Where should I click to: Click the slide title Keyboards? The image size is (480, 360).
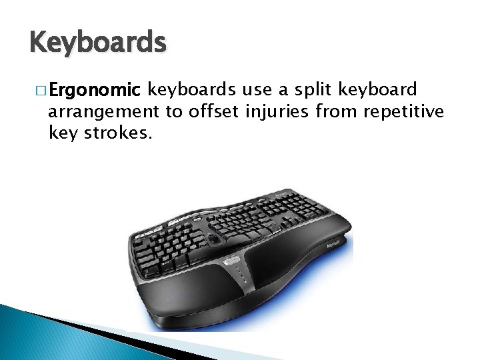tap(97, 43)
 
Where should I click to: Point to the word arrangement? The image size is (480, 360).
tap(103, 113)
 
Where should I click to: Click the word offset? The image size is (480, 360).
tap(212, 111)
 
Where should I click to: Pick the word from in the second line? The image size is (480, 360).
tap(336, 111)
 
